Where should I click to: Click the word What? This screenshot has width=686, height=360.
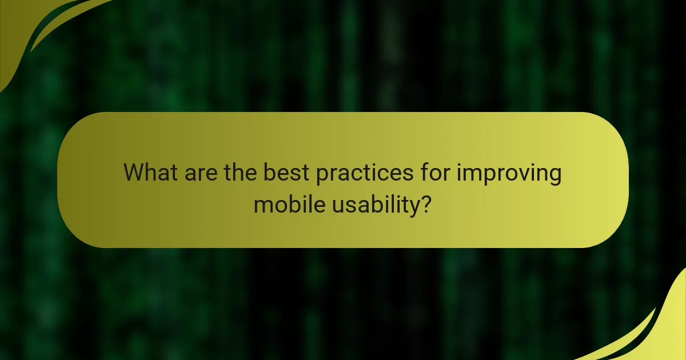click(150, 173)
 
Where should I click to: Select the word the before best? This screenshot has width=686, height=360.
click(240, 173)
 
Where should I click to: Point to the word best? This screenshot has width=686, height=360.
click(286, 173)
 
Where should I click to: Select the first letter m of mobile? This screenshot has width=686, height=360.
click(262, 205)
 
